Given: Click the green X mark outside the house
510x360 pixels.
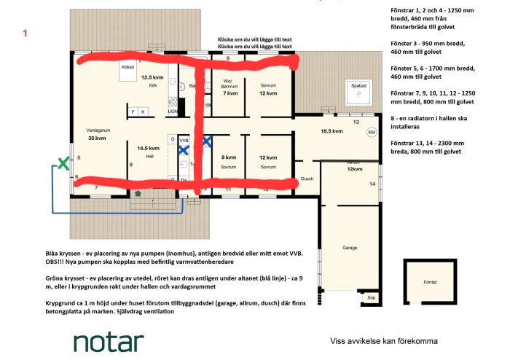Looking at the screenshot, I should (x=63, y=164).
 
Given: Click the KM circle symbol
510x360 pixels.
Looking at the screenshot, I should (x=371, y=133).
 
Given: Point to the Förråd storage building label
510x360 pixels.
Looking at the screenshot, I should (x=430, y=281).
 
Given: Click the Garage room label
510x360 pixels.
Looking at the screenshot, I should (x=351, y=248).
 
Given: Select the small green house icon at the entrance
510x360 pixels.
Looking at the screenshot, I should (x=138, y=193).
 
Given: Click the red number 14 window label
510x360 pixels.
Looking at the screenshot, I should (x=372, y=184).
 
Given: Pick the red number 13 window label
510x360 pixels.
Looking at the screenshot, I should (x=356, y=122).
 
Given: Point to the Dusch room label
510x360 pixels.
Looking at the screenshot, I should (x=306, y=179).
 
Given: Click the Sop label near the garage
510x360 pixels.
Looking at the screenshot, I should (x=371, y=297).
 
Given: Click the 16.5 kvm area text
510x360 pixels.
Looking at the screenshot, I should (x=331, y=131).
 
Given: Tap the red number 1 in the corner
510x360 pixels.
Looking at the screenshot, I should (x=25, y=33).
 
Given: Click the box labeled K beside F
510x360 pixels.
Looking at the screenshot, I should (x=143, y=111).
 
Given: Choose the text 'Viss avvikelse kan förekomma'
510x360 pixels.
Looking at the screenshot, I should (x=384, y=340).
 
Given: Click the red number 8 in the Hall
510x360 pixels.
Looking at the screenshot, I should (x=130, y=165).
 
